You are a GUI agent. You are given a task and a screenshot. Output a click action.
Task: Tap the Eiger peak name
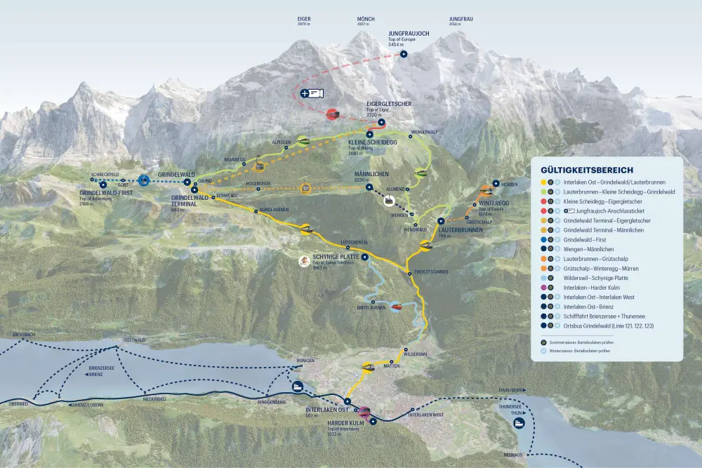coord(304,20)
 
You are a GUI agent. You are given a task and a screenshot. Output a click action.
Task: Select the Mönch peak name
coord(363,20)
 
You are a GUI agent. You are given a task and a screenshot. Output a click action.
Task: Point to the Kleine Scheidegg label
coord(372,142)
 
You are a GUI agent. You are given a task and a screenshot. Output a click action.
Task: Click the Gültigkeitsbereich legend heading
coord(587,170)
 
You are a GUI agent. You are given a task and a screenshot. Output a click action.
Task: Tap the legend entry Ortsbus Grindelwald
coord(608,326)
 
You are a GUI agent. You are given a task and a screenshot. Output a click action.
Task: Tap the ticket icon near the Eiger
coord(312,93)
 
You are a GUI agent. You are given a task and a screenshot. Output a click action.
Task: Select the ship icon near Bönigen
coord(297,386)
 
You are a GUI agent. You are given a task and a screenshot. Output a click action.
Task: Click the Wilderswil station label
coord(416,353)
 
